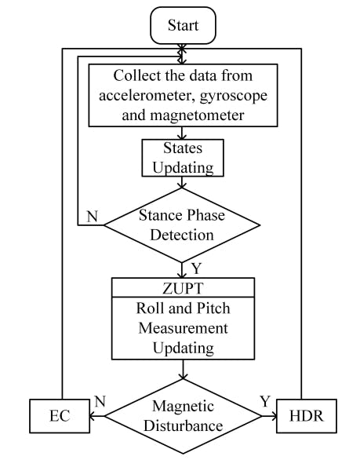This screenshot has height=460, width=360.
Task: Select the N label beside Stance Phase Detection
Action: click(92, 215)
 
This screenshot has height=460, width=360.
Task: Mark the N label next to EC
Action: click(100, 402)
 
